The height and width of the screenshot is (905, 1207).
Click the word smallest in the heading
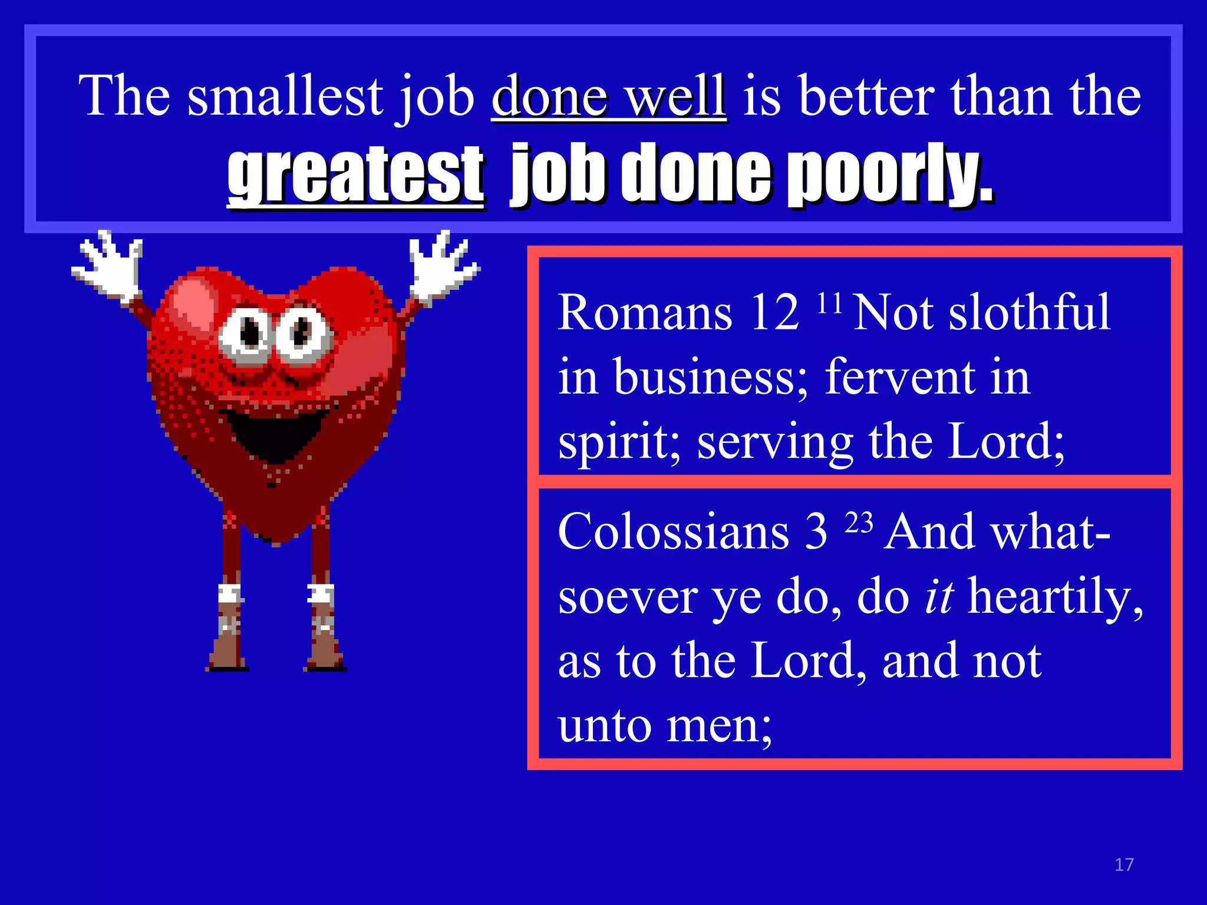coord(285,96)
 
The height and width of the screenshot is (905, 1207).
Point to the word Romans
coord(645,312)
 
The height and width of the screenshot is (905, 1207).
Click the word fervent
coord(899,377)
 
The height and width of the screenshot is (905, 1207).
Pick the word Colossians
coord(673,531)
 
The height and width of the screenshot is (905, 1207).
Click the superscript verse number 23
coord(859,523)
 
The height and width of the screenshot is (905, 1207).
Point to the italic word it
coord(939,596)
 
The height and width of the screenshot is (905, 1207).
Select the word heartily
coord(1056,597)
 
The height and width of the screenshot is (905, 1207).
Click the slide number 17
coord(1124,864)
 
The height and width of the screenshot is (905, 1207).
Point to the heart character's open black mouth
coord(278,432)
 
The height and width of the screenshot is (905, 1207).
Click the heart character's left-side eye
coord(249,333)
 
